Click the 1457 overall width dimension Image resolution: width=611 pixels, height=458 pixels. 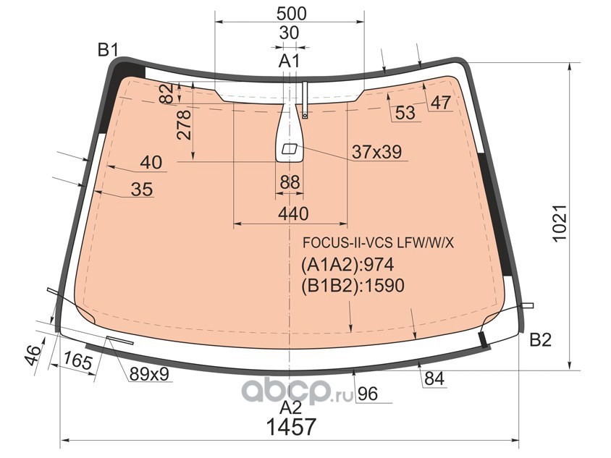click(291, 427)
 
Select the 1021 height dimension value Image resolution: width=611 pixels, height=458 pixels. click(560, 223)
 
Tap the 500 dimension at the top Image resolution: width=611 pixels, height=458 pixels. click(291, 14)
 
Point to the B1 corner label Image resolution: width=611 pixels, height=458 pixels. click(108, 50)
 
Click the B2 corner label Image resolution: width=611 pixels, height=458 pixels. click(541, 340)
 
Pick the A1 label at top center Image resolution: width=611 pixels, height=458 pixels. click(289, 62)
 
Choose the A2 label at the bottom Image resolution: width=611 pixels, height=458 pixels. click(291, 407)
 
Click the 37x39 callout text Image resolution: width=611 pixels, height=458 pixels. click(376, 152)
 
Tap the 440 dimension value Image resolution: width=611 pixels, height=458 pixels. click(293, 214)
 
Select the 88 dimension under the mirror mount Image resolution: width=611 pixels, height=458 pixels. click(290, 182)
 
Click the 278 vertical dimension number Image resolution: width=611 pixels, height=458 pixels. click(184, 124)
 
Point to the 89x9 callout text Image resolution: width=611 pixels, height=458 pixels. click(149, 375)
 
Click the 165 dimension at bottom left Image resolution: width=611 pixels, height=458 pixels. click(78, 360)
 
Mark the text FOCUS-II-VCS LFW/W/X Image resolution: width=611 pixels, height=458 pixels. click(379, 243)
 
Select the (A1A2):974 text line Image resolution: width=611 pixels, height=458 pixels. click(347, 265)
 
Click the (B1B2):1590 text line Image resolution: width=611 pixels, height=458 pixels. click(353, 286)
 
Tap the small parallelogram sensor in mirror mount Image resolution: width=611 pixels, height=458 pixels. click(290, 149)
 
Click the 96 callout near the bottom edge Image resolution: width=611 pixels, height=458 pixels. click(368, 394)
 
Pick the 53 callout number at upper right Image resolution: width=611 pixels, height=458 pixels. click(405, 113)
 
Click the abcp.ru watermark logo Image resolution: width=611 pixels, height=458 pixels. click(298, 391)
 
